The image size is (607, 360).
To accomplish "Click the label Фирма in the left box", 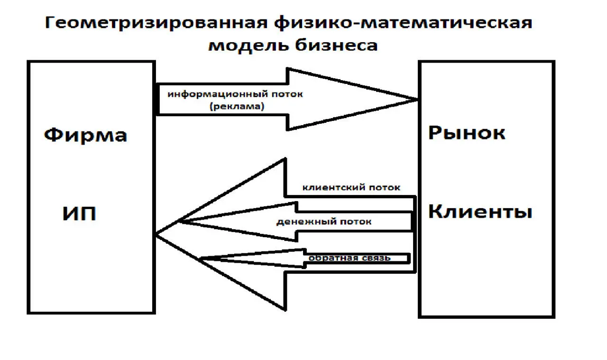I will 85,136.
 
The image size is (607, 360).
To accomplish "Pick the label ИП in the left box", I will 79,214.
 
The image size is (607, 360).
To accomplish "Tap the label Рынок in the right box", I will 467,133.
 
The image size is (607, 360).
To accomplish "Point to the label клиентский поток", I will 351,187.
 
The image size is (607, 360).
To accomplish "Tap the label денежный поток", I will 324,222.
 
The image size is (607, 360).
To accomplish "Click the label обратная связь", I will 350,258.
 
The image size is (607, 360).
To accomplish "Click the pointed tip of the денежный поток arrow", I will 178,222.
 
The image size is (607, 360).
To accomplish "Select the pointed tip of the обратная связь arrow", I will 202,258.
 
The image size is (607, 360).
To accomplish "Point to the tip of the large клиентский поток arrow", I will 157,234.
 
